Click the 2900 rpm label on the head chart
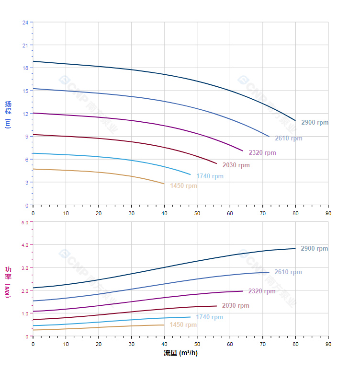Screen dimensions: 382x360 [315, 123]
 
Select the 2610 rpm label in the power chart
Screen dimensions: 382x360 [288, 272]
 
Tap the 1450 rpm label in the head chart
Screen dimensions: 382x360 [183, 186]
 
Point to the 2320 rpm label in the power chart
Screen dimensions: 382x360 [262, 291]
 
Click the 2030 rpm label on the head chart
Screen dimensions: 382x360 [236, 165]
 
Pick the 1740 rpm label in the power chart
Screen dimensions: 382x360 [209, 317]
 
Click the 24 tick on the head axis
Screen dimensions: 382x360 [25, 23]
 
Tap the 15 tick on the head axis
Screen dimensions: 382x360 [25, 91]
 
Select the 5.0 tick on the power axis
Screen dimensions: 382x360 [25, 222]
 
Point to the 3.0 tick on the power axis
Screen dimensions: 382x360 [25, 267]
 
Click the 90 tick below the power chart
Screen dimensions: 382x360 [328, 344]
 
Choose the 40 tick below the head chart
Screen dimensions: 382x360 [164, 213]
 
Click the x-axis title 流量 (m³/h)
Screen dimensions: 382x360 [180, 353]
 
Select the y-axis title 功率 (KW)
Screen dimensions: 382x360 [8, 282]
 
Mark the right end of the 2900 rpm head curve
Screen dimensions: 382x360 [295, 120]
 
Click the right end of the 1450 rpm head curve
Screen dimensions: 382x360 [164, 184]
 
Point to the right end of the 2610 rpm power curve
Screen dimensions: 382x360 [269, 272]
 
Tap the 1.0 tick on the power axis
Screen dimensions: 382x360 [25, 313]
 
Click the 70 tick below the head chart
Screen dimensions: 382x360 [263, 213]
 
